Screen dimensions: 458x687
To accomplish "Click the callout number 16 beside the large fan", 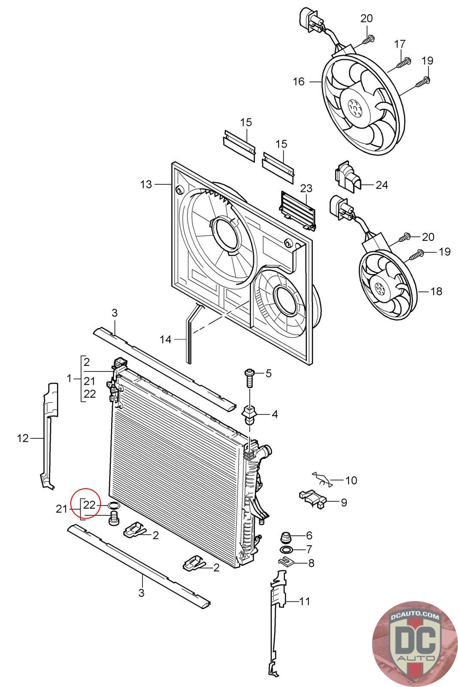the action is pyautogui.click(x=299, y=82).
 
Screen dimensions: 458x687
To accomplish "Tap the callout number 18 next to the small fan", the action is pyautogui.click(x=436, y=291).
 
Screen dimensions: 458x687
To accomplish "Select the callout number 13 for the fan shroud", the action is pyautogui.click(x=146, y=184).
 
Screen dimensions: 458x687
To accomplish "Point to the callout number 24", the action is pyautogui.click(x=382, y=185).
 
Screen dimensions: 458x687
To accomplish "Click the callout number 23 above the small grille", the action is pyautogui.click(x=306, y=188).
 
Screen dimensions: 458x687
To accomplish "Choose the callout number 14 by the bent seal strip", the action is pyautogui.click(x=166, y=339).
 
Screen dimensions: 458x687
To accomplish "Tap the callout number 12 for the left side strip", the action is pyautogui.click(x=23, y=438).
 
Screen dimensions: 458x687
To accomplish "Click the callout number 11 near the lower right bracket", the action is pyautogui.click(x=304, y=601).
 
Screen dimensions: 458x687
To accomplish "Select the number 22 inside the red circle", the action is pyautogui.click(x=90, y=505).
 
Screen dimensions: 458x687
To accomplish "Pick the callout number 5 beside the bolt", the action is pyautogui.click(x=268, y=373).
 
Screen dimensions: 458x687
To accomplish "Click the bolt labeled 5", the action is pyautogui.click(x=249, y=379).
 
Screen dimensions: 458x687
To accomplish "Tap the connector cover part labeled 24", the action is pyautogui.click(x=347, y=176).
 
